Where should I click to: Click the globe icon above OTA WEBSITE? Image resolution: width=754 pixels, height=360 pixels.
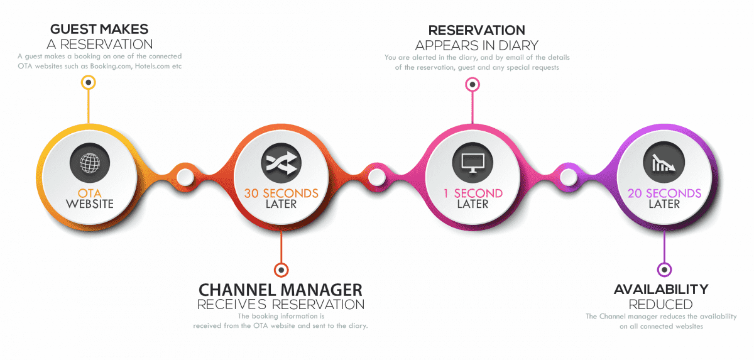90,163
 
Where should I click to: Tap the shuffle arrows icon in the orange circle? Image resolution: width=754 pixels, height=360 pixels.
281,163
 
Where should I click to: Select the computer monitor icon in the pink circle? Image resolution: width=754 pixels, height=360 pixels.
473,163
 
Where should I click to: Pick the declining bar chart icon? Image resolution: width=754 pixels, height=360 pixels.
664,163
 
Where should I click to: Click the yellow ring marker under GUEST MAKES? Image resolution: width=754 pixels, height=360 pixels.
88,82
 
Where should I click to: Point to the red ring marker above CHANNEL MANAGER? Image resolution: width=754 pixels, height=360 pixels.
281,270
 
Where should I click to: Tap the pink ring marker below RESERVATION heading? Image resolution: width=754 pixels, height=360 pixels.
473,84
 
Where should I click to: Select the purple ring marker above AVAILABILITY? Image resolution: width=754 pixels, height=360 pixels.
664,270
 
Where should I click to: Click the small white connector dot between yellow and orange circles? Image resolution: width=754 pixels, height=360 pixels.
185,177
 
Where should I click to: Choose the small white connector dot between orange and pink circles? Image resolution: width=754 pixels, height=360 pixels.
376,177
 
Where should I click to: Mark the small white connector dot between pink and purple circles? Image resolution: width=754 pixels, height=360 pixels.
569,177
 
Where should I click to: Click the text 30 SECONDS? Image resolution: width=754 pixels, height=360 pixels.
281,194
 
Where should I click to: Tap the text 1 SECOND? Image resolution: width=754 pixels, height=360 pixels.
473,194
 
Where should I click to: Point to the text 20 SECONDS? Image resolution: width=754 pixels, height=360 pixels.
665,194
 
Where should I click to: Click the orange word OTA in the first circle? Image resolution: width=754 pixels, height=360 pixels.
89,194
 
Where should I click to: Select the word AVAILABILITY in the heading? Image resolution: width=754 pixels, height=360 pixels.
661,290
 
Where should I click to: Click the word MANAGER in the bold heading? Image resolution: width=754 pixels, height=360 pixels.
322,290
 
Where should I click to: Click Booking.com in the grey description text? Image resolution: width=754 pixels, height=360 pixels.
111,66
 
